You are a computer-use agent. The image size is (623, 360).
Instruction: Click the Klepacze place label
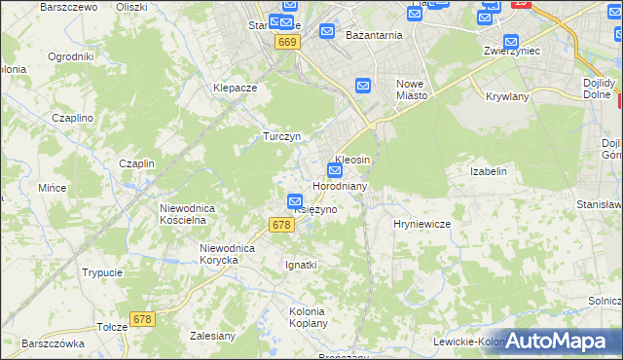click(x=235, y=87)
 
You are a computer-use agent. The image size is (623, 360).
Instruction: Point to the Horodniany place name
click(x=339, y=185)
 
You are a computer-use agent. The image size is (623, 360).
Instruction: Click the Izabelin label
click(x=489, y=171)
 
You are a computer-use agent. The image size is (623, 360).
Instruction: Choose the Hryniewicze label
click(x=421, y=224)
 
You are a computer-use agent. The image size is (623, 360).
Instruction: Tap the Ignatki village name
click(x=301, y=265)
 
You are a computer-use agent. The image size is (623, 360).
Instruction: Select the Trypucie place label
click(x=102, y=273)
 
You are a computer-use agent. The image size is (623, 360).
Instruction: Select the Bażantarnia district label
click(x=374, y=35)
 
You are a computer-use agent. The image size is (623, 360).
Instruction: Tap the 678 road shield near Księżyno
click(x=281, y=225)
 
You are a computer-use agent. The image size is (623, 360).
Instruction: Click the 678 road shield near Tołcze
click(x=143, y=319)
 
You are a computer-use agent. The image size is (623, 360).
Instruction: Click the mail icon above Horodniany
click(x=334, y=170)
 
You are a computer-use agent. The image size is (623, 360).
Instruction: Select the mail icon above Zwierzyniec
click(x=511, y=41)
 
